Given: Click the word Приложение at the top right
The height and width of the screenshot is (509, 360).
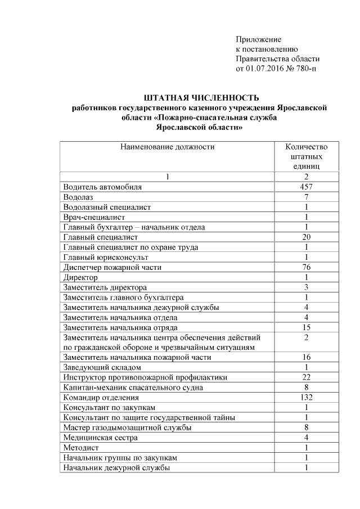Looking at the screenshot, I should (258, 39).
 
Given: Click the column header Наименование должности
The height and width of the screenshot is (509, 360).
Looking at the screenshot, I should (167, 147).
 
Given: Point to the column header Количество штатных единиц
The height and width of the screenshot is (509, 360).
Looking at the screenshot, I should (307, 156).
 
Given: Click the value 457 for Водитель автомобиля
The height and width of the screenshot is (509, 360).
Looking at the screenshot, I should (307, 187).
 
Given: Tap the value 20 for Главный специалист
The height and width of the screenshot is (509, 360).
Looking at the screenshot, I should (307, 237).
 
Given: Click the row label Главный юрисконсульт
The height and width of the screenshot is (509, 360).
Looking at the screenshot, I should (105, 257).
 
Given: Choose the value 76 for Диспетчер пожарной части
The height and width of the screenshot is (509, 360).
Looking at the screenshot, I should (307, 267).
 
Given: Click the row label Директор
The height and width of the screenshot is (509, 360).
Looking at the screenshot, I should (80, 277).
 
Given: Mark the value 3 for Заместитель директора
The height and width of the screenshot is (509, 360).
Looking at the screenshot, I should (307, 287).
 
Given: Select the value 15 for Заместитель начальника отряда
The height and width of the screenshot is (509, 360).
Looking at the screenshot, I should (307, 327).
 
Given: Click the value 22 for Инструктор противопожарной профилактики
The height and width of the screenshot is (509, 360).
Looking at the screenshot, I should (307, 377).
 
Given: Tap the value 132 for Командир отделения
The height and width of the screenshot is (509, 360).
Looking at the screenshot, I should (307, 397).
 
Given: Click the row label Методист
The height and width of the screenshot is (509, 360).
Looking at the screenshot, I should (81, 448).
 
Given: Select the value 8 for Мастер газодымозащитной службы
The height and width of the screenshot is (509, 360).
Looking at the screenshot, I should (307, 427).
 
